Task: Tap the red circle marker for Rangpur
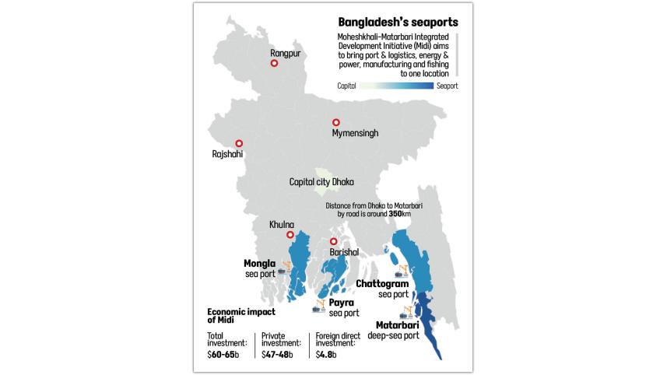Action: tap(275, 65)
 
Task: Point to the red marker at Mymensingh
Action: tap(336, 122)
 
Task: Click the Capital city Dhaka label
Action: tap(321, 182)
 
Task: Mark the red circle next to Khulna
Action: tap(290, 235)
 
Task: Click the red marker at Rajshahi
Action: tap(239, 143)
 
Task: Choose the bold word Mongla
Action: tap(260, 263)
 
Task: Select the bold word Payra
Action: tap(341, 302)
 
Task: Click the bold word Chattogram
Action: tap(382, 284)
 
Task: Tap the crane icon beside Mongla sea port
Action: tap(285, 269)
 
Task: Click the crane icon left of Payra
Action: tap(319, 304)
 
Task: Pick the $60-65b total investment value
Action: tap(223, 354)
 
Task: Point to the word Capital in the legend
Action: tap(347, 87)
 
